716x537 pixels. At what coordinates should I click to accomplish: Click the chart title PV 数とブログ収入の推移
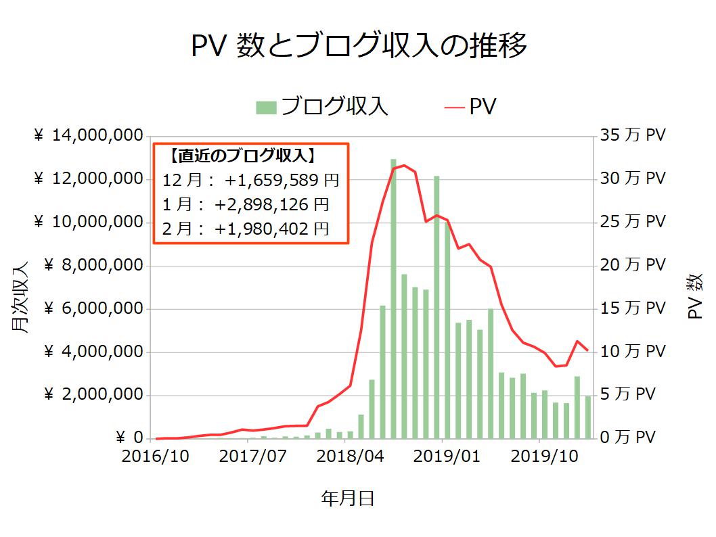click(x=358, y=47)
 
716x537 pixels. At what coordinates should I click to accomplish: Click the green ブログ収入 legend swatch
click(x=267, y=108)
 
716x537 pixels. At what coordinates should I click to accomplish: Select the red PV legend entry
click(x=471, y=108)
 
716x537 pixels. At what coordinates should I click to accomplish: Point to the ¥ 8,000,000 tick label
click(x=93, y=266)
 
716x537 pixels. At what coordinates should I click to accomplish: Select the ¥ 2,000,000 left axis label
click(x=93, y=395)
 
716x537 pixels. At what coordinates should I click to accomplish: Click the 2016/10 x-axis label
click(x=156, y=457)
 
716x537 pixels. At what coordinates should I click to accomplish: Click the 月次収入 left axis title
click(x=20, y=298)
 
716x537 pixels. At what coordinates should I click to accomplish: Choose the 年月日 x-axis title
click(x=347, y=499)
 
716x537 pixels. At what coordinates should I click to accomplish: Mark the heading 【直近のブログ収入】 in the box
click(x=242, y=157)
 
